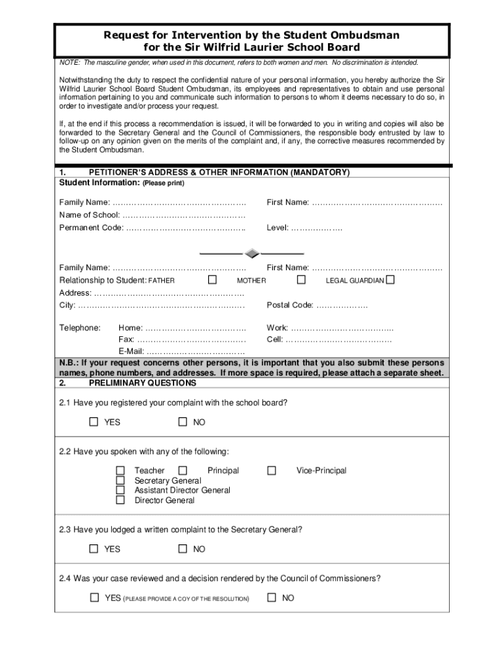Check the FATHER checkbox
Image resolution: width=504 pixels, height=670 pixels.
point(212,280)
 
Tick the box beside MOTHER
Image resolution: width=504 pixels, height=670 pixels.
point(301,280)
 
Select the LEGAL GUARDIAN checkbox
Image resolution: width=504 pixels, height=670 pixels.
point(390,280)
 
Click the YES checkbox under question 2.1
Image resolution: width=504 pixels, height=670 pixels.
point(94,421)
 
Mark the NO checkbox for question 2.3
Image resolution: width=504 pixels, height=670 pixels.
point(183,548)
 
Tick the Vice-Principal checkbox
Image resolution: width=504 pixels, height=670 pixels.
point(272,470)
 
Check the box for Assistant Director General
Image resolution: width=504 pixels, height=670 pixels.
point(120,490)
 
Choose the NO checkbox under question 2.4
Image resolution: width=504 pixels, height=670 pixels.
point(272,597)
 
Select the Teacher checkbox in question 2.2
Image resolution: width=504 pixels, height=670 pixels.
point(120,470)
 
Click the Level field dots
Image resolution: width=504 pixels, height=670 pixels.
point(316,228)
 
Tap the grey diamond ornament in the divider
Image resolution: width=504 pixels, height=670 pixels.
point(251,254)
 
